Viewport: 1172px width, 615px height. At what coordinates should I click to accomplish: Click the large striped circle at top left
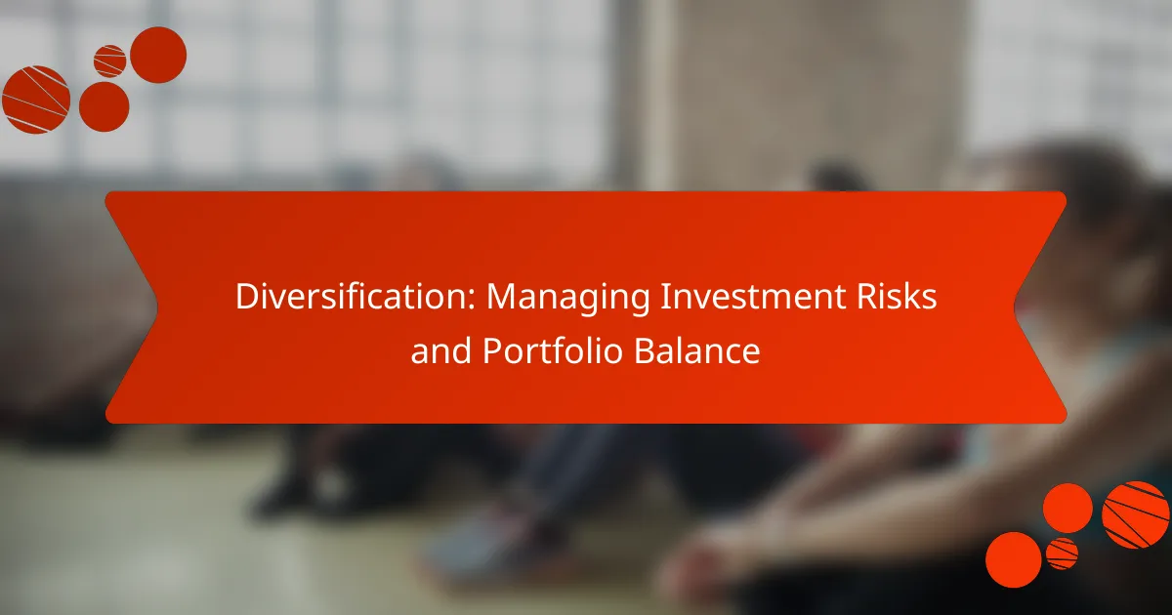click(x=36, y=100)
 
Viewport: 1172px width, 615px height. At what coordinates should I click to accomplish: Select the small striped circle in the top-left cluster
click(x=109, y=61)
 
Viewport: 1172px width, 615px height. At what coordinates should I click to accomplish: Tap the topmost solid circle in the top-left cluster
click(x=158, y=55)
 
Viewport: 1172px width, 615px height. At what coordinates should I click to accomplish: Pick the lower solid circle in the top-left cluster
click(x=104, y=106)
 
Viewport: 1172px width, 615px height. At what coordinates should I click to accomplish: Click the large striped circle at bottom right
click(x=1135, y=514)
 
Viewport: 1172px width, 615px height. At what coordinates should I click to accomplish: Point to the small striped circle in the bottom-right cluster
click(x=1062, y=553)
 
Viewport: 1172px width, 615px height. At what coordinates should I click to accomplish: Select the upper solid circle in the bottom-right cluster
click(x=1067, y=508)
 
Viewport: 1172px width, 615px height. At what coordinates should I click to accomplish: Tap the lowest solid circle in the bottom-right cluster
click(x=1013, y=559)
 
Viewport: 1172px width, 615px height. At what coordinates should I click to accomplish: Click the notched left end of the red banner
click(x=132, y=307)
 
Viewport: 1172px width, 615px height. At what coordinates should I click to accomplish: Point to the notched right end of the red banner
click(x=1040, y=307)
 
